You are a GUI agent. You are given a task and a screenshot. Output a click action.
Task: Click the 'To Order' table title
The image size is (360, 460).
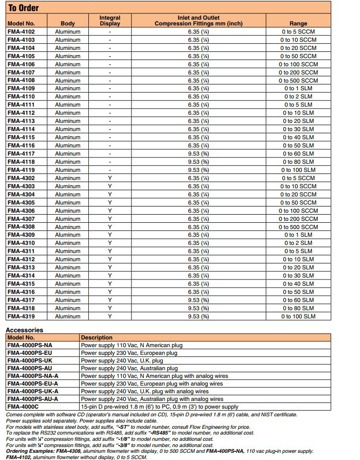coord(24,8)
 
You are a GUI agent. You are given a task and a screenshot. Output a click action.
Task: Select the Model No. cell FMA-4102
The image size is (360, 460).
coord(21,32)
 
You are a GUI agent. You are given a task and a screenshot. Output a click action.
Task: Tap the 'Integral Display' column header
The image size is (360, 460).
coord(109,21)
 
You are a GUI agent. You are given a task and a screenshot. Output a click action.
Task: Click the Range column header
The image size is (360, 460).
coord(298,24)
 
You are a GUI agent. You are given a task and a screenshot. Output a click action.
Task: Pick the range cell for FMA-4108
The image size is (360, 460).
coord(298,81)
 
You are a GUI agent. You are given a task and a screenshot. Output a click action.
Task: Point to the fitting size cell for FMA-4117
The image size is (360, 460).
coord(198,154)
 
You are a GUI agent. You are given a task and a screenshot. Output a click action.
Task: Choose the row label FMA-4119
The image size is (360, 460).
coord(21,170)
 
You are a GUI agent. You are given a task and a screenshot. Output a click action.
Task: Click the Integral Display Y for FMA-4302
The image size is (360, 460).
coord(109,178)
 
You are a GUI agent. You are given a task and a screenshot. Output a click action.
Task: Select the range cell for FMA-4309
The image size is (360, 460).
coord(298,235)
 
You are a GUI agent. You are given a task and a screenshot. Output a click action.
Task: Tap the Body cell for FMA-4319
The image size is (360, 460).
coord(68,316)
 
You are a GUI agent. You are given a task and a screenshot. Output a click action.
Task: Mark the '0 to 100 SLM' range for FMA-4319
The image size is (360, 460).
coord(298,316)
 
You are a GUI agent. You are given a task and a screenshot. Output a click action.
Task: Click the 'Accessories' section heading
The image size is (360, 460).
coord(24,330)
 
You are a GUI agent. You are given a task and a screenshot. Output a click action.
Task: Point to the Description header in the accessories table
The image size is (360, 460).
coord(96,338)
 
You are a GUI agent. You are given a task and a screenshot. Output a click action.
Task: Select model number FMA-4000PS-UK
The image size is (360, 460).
coord(30,361)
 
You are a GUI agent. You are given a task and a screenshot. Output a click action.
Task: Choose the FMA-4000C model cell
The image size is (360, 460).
coord(24,407)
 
